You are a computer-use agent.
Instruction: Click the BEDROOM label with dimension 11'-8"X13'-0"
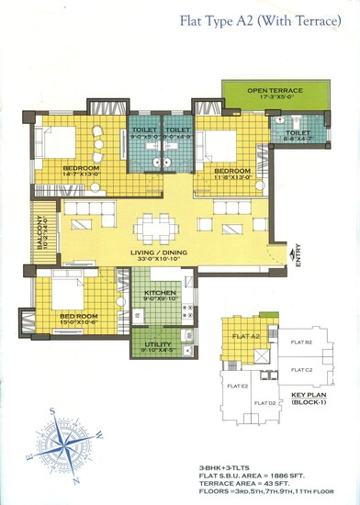point(232,171)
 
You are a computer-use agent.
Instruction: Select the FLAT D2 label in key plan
point(265,403)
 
